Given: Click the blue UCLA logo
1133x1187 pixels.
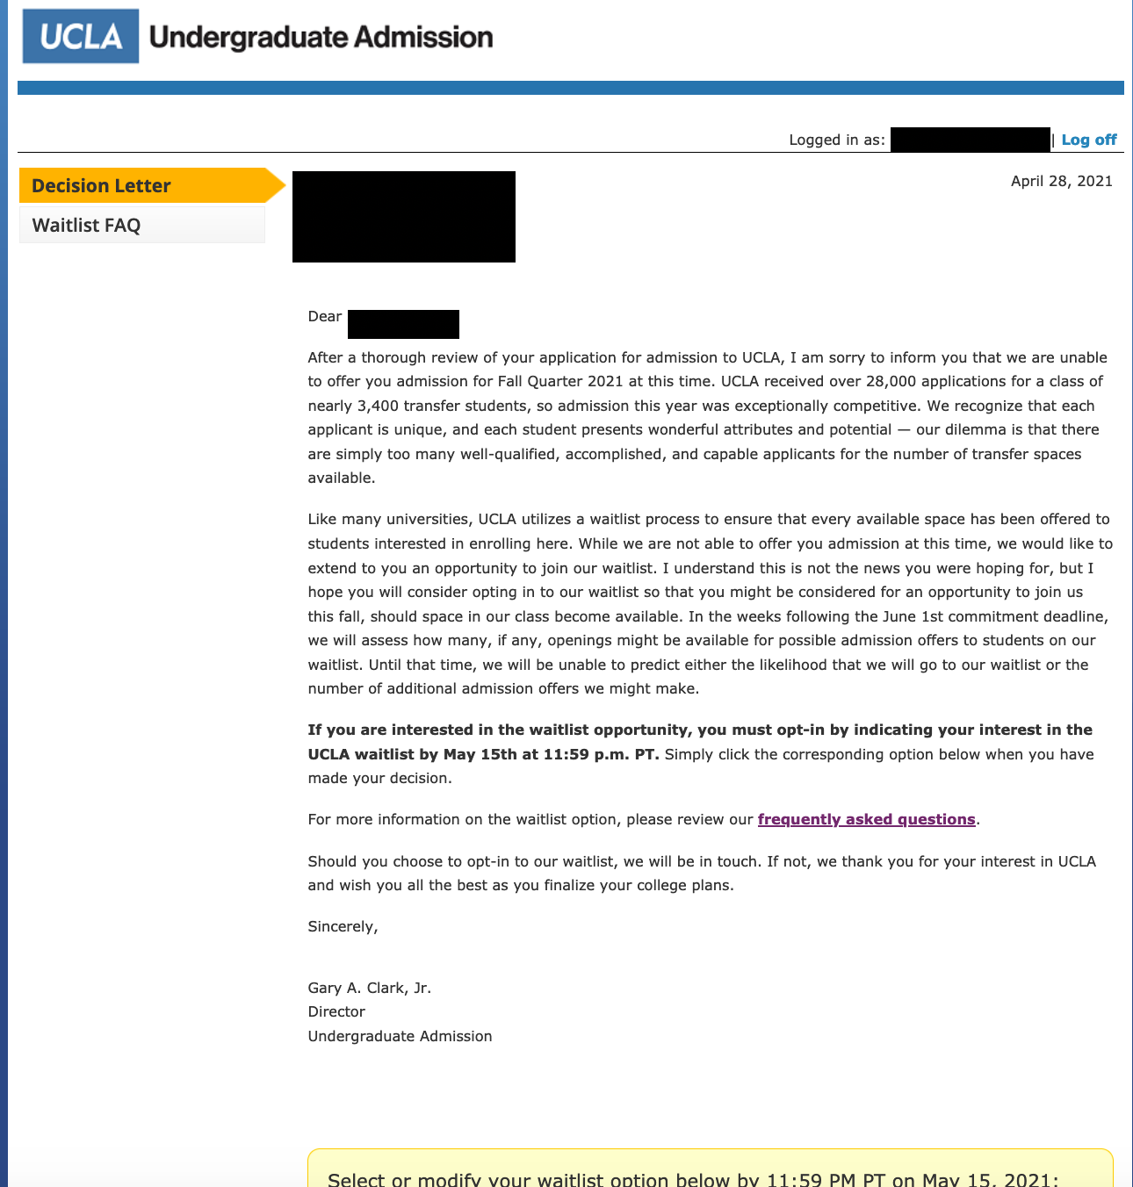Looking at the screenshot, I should coord(81,36).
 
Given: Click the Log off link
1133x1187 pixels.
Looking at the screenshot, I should coord(1088,140).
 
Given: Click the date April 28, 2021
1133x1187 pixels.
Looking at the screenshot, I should coord(1061,181).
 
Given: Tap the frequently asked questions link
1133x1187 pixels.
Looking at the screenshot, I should coord(866,819).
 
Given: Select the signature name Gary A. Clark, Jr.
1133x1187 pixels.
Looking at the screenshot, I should coord(369,988).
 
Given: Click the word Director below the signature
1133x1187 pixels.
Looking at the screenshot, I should coord(336,1011).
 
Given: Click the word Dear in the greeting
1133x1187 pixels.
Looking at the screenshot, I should coord(324,316).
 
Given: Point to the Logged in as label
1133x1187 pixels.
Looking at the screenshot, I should coord(836,140).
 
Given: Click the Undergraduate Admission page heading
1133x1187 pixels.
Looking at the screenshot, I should coord(321,37).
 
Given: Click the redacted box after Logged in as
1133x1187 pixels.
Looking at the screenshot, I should coord(970,140).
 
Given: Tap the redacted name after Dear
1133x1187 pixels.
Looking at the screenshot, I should coord(403,324).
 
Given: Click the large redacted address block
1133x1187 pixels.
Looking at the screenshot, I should coord(403,217).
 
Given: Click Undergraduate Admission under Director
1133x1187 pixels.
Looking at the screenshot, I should coord(400,1036).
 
